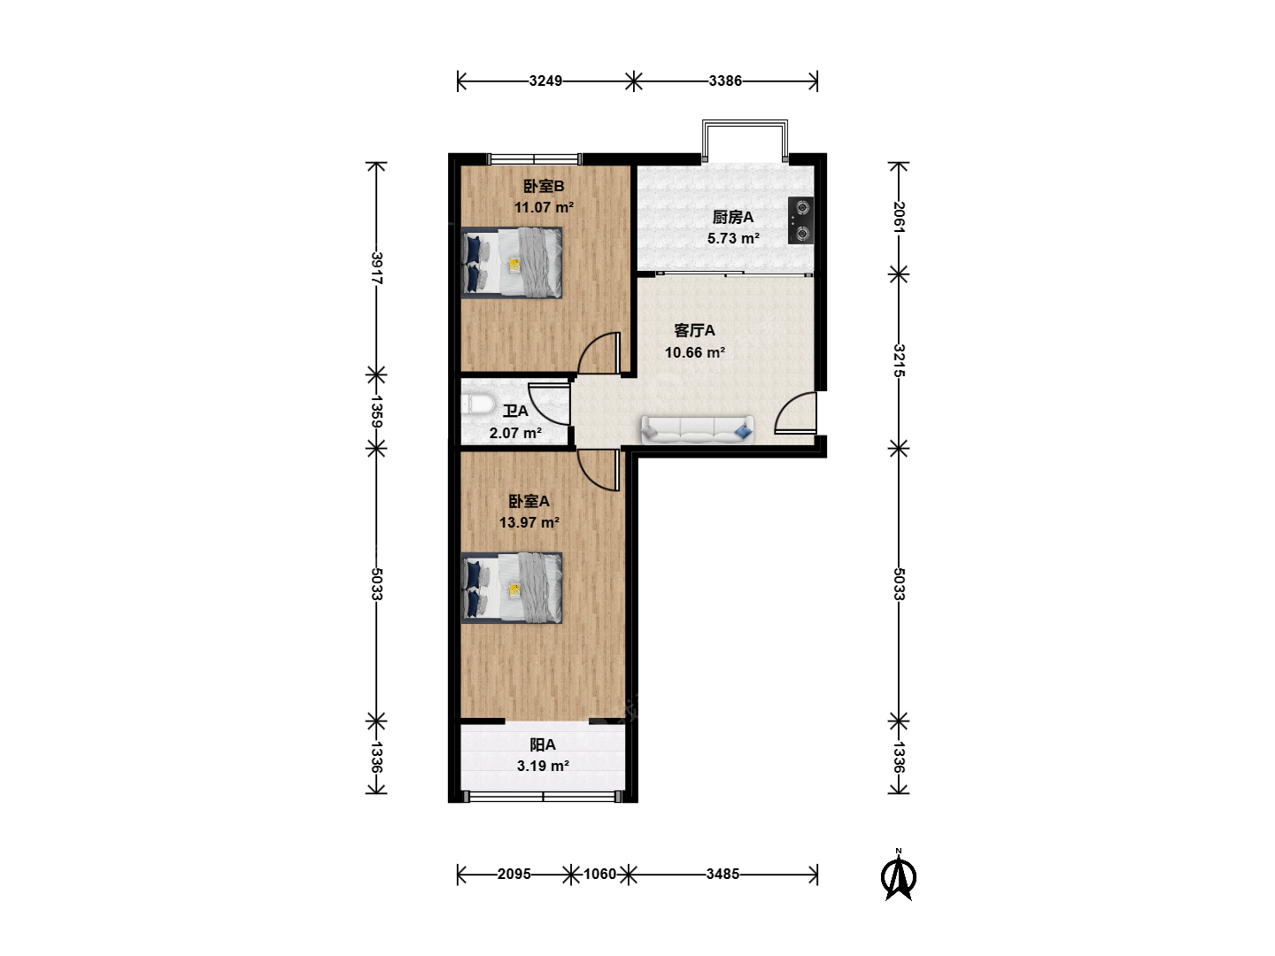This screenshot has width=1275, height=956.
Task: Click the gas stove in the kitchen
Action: point(800,220)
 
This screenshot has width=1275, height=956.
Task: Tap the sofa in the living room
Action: point(697,431)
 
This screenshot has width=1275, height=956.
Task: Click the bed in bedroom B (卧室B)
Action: point(512,263)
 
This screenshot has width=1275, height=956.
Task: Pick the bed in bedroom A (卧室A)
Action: point(512,588)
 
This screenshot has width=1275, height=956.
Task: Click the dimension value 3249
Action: point(545,81)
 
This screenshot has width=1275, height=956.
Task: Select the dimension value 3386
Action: point(725,81)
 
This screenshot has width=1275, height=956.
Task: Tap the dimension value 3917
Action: point(376,268)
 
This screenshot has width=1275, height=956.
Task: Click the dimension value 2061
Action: point(899,217)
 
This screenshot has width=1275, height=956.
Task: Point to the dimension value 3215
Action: point(899,360)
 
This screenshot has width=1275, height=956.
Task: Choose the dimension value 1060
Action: point(599,874)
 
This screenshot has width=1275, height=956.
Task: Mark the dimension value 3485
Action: point(722,874)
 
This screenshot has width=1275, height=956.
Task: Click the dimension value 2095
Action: point(514,874)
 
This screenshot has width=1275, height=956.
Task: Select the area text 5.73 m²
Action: point(734,238)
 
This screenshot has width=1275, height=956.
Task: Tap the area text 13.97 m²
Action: point(529,522)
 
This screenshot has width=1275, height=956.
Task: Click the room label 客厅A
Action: point(694,330)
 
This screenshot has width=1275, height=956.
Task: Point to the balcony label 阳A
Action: point(543,744)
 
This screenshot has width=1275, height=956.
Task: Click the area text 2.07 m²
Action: point(516,433)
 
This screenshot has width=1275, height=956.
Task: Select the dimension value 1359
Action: point(376,412)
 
